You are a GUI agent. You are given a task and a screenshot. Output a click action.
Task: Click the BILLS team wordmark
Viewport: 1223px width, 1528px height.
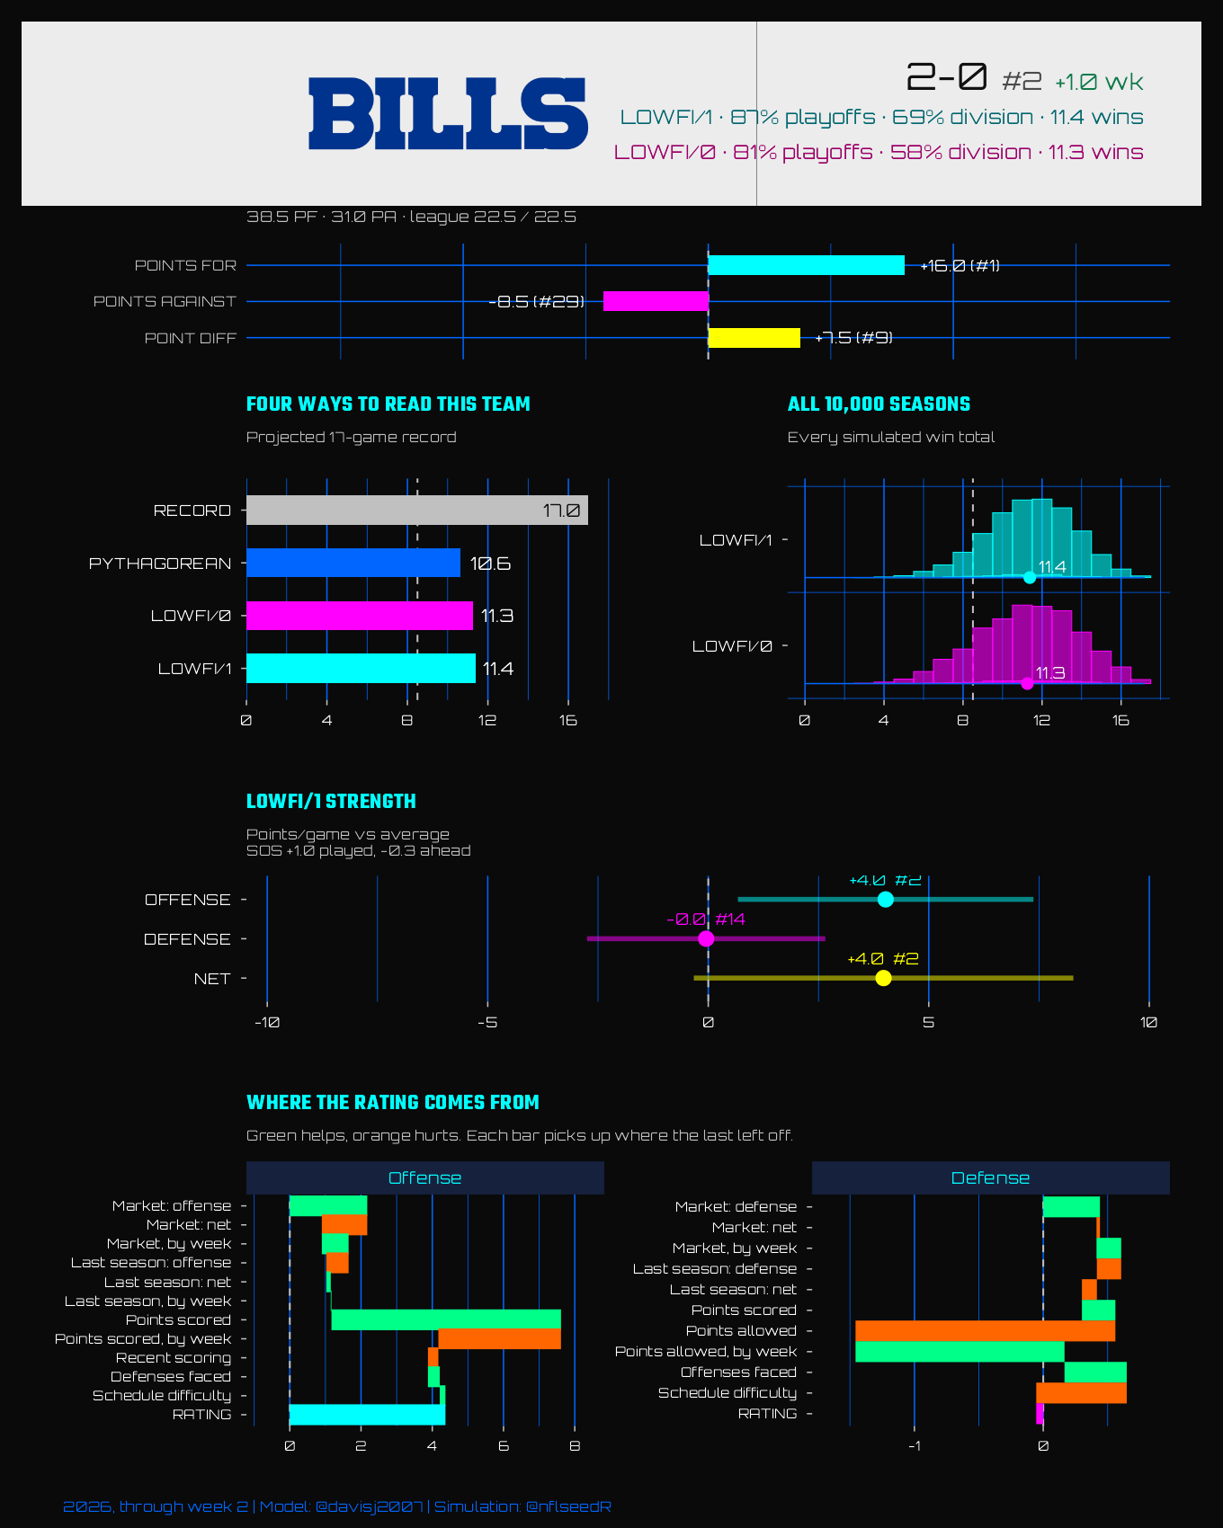(448, 113)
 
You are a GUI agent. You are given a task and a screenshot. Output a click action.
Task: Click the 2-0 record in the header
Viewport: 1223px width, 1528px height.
(946, 77)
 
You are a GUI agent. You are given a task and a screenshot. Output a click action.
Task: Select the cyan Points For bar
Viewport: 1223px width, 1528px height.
(806, 265)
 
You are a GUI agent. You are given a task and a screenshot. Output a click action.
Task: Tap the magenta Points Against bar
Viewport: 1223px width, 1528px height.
(656, 301)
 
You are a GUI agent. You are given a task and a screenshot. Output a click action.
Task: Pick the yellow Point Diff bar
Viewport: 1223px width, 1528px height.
(754, 338)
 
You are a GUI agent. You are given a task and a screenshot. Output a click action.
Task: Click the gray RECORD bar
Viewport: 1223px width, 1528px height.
(417, 511)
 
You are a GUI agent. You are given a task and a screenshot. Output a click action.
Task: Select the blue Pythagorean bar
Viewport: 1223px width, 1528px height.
(353, 563)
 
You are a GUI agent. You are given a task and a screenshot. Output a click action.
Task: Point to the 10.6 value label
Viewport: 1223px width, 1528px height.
(490, 564)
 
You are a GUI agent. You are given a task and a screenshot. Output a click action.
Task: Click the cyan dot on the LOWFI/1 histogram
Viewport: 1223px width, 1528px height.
(1030, 577)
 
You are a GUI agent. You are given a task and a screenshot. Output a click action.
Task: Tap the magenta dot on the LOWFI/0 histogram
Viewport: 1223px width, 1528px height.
(1027, 683)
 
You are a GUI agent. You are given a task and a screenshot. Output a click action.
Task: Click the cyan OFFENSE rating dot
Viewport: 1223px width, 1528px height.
(886, 900)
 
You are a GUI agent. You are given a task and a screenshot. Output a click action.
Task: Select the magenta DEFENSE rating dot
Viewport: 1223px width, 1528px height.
(706, 939)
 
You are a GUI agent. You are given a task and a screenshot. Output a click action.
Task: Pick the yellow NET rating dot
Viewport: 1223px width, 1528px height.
(883, 978)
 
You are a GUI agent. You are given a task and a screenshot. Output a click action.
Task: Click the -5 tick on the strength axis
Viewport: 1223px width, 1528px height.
(487, 1023)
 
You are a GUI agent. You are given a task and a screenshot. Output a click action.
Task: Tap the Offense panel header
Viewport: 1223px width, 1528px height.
(425, 1178)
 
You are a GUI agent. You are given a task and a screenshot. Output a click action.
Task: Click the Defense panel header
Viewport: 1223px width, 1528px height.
(990, 1178)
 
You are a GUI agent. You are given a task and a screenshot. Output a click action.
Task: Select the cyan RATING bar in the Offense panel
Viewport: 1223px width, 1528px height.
(367, 1415)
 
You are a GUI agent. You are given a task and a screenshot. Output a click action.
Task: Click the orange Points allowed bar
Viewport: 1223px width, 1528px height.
(986, 1331)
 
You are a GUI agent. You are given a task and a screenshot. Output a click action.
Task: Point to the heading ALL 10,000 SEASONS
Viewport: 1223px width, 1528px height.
(879, 404)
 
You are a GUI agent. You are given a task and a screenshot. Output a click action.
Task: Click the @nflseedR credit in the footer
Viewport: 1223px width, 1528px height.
(568, 1506)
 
